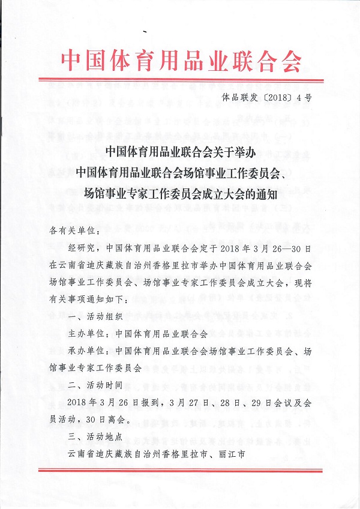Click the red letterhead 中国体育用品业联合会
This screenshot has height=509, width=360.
click(x=181, y=58)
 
